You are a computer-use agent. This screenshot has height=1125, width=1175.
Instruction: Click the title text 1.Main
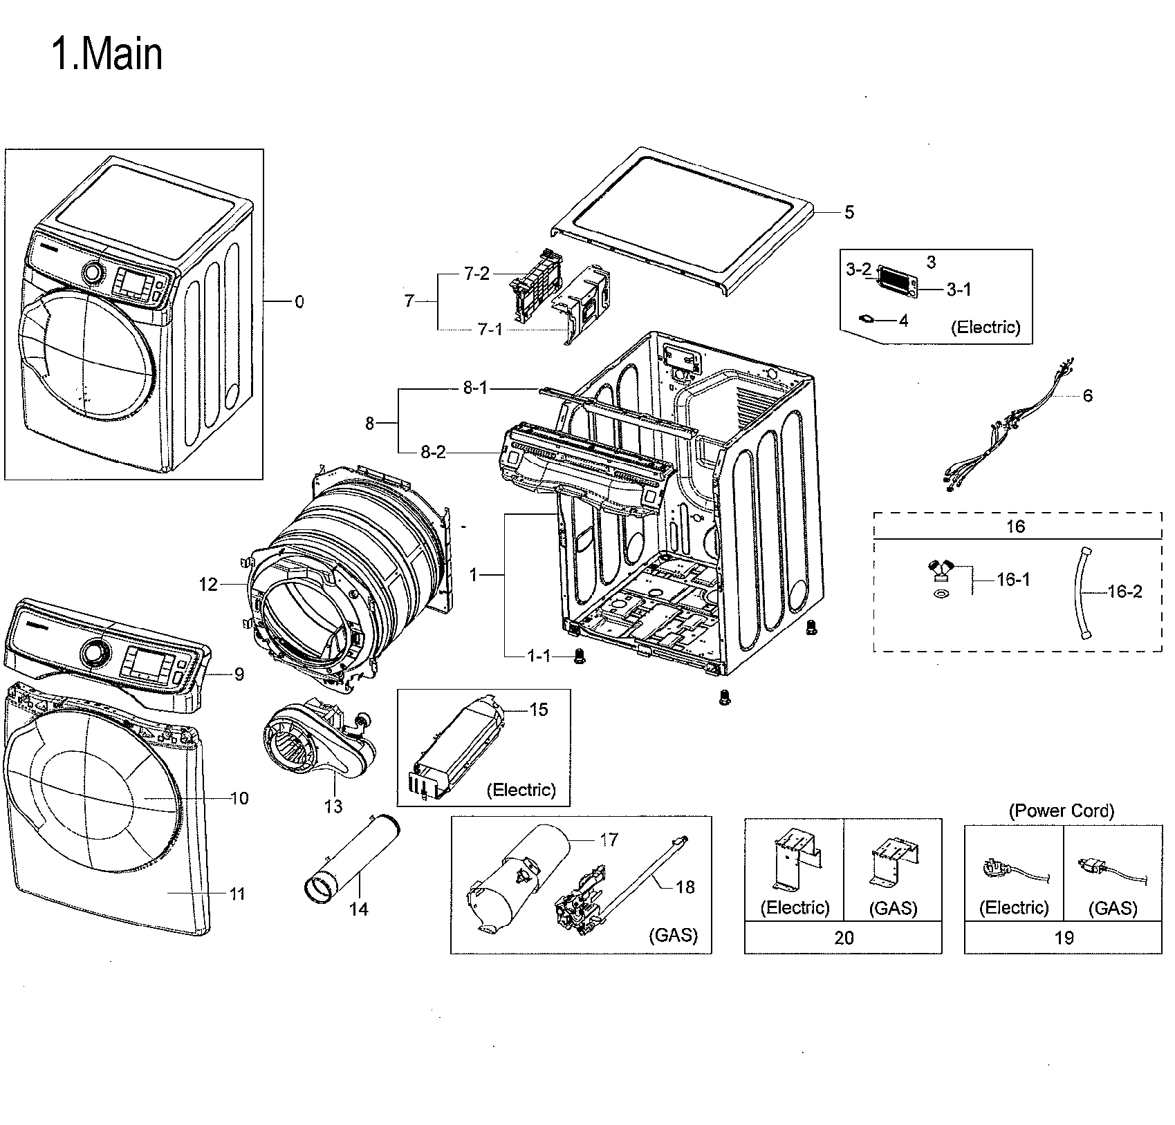[x=107, y=55]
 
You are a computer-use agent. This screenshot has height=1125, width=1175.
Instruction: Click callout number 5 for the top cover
[x=849, y=212]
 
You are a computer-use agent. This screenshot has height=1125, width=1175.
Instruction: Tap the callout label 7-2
[x=476, y=274]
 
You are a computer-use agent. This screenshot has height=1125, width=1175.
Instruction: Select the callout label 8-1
[x=475, y=388]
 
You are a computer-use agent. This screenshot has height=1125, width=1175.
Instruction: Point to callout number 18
[x=685, y=887]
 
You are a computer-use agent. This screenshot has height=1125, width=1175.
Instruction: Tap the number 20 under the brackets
[x=843, y=938]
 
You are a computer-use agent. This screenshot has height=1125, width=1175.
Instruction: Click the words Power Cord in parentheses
[x=1062, y=811]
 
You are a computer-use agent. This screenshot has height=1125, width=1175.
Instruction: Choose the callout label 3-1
[x=959, y=290]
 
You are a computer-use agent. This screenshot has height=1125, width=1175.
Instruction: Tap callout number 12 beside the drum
[x=208, y=585]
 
